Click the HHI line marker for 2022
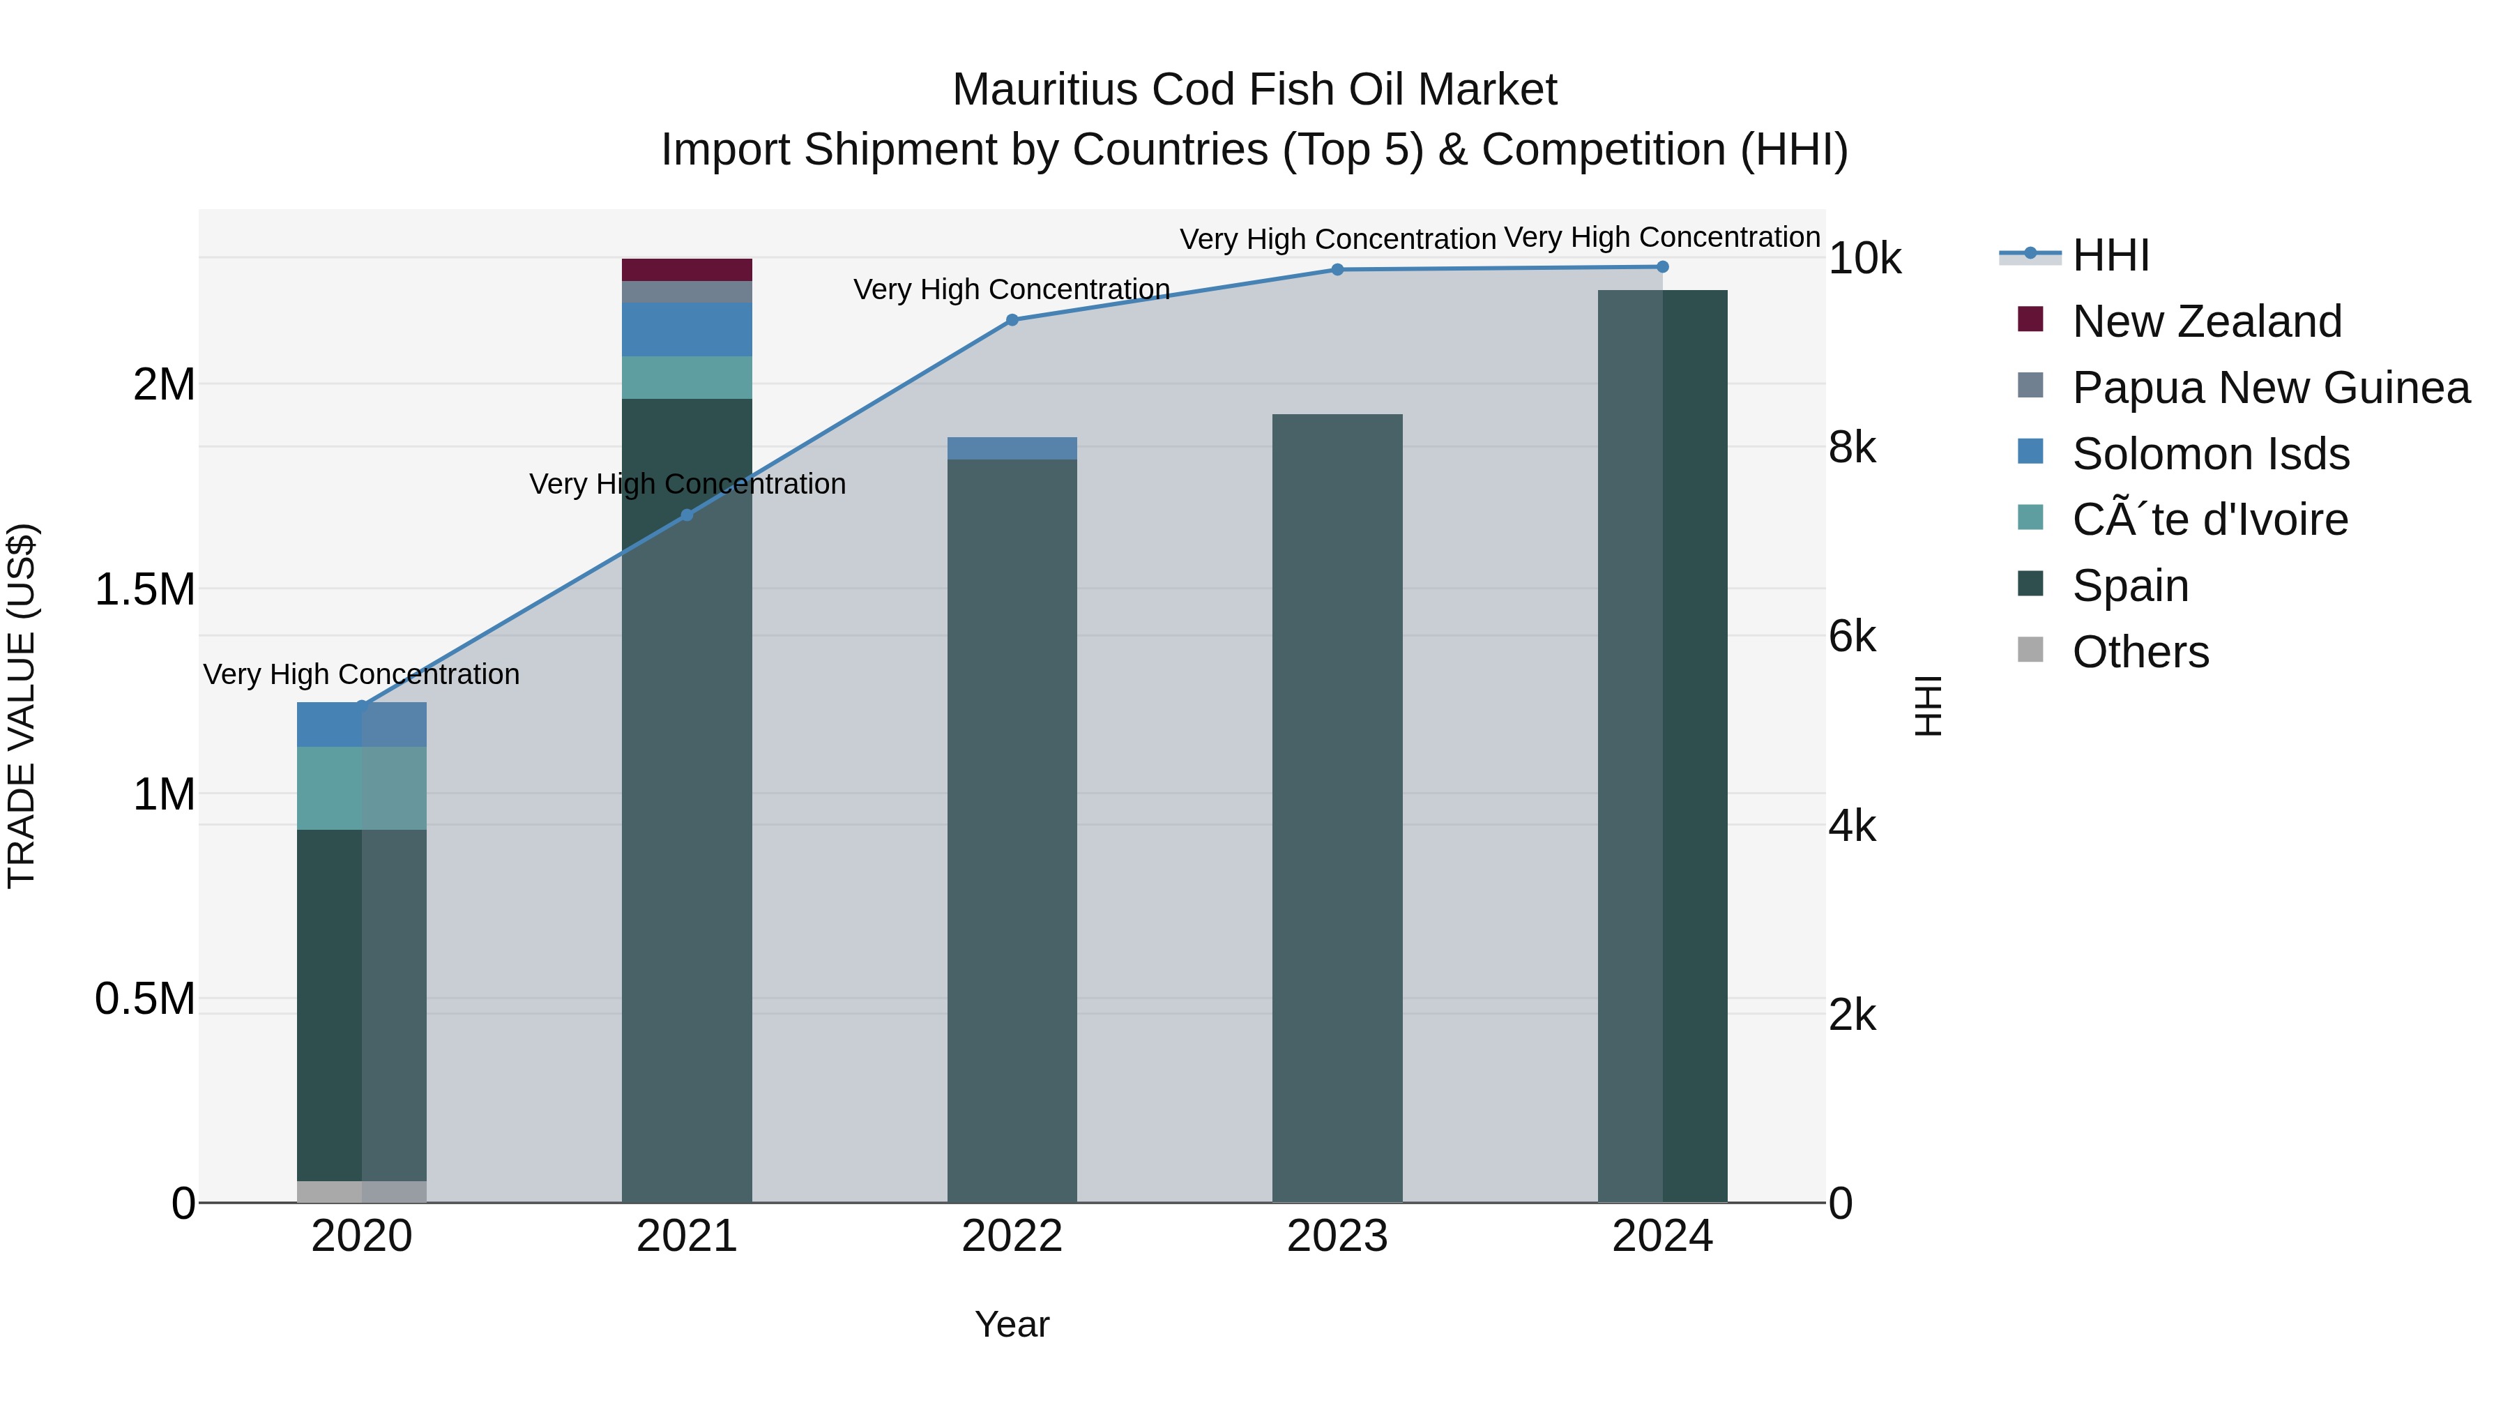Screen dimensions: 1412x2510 tap(1012, 319)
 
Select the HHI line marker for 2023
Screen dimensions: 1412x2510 tap(1337, 270)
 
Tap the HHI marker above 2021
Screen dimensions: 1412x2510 tap(687, 515)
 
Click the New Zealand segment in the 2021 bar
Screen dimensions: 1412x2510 tap(687, 270)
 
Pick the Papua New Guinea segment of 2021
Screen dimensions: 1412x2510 tap(687, 292)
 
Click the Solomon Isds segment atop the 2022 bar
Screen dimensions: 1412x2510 tap(1012, 448)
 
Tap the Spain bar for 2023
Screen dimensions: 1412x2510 tap(1337, 809)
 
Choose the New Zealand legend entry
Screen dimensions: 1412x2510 tap(2206, 321)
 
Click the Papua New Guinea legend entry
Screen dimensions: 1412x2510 tap(2270, 388)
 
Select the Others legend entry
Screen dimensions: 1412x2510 tap(2140, 652)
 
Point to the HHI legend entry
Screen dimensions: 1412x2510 tap(2110, 255)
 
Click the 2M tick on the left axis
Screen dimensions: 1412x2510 tap(164, 385)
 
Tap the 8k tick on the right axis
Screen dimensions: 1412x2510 tap(1851, 448)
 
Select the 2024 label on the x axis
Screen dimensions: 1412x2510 tap(1662, 1236)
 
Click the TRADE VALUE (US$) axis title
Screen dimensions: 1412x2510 tap(22, 706)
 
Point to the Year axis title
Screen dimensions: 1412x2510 tap(1012, 1324)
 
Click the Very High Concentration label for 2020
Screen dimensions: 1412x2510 tap(361, 674)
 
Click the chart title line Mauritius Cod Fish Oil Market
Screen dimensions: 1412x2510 tap(1254, 90)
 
